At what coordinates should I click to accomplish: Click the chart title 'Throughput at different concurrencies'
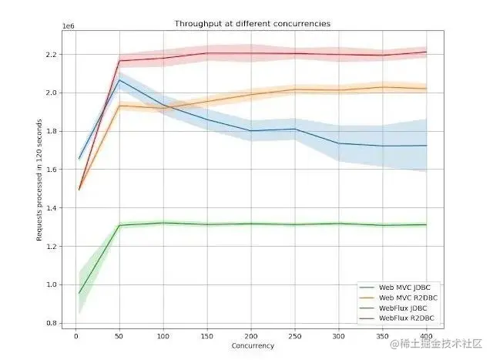[253, 24]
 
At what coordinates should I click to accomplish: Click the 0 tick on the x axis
[75, 336]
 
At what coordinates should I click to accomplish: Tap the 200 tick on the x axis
[250, 336]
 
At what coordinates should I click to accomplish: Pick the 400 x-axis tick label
[425, 336]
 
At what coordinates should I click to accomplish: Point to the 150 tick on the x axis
[206, 336]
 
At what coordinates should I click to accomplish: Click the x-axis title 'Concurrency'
[253, 346]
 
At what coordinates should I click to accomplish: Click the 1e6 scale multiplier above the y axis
[68, 27]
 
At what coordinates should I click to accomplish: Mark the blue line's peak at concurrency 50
[119, 79]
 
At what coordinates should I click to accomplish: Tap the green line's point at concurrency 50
[119, 226]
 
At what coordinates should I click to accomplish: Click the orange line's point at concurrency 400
[425, 89]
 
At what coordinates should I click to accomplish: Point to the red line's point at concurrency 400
[425, 52]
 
